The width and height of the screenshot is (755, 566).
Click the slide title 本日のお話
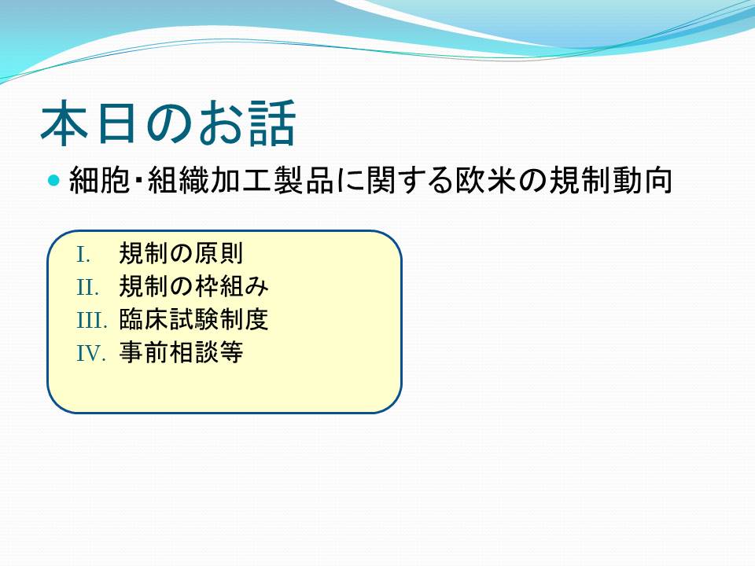tap(168, 123)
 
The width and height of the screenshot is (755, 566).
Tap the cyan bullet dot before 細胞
tap(54, 181)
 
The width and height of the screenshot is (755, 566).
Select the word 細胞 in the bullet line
tap(99, 181)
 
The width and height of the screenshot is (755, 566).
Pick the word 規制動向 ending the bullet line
tap(610, 181)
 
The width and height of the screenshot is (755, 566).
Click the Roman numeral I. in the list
tap(83, 255)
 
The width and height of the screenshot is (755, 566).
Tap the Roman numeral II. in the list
tap(87, 288)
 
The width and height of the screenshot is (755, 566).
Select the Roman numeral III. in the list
tap(91, 321)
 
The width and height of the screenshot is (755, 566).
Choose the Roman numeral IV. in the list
tap(91, 353)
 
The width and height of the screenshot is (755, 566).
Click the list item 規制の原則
tap(181, 254)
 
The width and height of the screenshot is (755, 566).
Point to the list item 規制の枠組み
tap(193, 286)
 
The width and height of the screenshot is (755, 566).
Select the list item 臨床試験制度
tap(193, 319)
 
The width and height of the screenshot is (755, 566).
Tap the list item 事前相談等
tap(181, 352)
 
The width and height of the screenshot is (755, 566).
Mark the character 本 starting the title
tap(64, 123)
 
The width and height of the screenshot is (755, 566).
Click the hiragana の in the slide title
tap(168, 123)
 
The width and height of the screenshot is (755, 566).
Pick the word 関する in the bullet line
tap(410, 181)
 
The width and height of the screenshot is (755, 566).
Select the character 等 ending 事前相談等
tap(230, 352)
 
